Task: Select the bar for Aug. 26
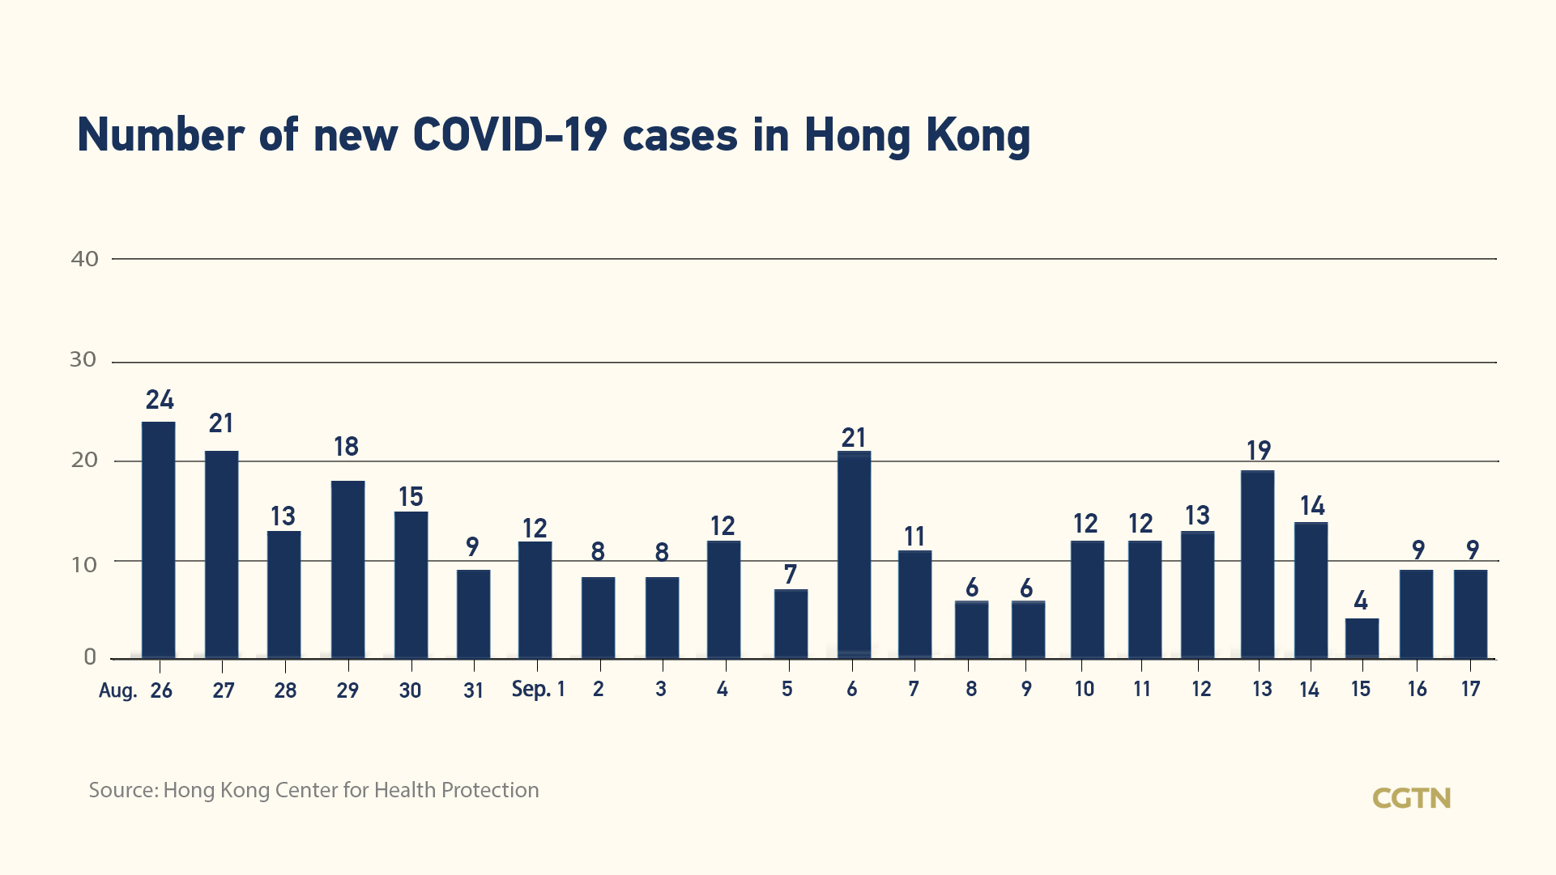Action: click(159, 540)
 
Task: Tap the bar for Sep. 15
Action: click(1362, 639)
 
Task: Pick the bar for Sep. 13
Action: click(1257, 564)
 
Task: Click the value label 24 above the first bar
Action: click(160, 400)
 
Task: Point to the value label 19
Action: click(1259, 450)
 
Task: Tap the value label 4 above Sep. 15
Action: click(1361, 601)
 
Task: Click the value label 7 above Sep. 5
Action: click(791, 575)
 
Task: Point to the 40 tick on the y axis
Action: click(85, 259)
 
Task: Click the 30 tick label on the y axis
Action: click(83, 359)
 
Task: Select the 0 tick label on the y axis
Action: click(90, 657)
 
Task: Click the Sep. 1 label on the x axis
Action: click(538, 690)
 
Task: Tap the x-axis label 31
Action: click(473, 690)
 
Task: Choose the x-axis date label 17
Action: click(1470, 690)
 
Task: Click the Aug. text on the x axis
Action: click(117, 690)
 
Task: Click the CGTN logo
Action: click(1411, 798)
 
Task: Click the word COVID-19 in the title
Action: click(509, 135)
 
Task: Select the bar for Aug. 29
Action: click(347, 569)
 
